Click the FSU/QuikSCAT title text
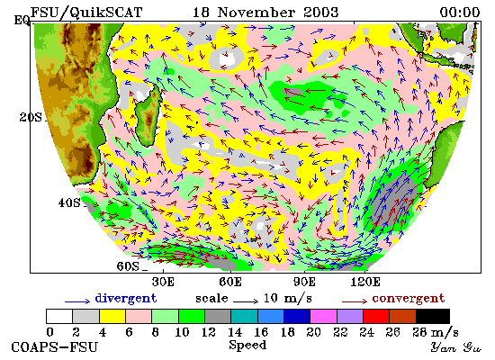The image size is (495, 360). [x=86, y=13]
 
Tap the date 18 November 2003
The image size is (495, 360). [x=265, y=13]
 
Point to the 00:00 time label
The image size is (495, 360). [x=460, y=13]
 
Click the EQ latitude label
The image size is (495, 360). [x=22, y=21]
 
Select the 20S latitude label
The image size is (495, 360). [x=31, y=118]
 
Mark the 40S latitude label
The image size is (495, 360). [x=69, y=202]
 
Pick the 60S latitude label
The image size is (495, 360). [x=128, y=266]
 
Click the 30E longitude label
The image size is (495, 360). [x=163, y=282]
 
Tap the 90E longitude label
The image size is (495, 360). [x=304, y=282]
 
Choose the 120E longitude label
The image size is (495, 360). [x=365, y=282]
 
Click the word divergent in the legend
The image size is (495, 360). [x=126, y=299]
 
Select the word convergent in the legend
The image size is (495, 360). [x=409, y=298]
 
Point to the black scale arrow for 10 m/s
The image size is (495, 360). [x=246, y=301]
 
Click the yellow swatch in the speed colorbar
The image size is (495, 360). [x=112, y=317]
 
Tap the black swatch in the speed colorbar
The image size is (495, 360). [x=433, y=317]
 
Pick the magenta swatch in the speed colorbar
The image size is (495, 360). [x=324, y=317]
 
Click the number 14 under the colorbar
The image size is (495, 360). [x=235, y=332]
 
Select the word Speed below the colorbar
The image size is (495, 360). [x=247, y=345]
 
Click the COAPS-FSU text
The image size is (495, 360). [x=55, y=347]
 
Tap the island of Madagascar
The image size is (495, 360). [x=148, y=115]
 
